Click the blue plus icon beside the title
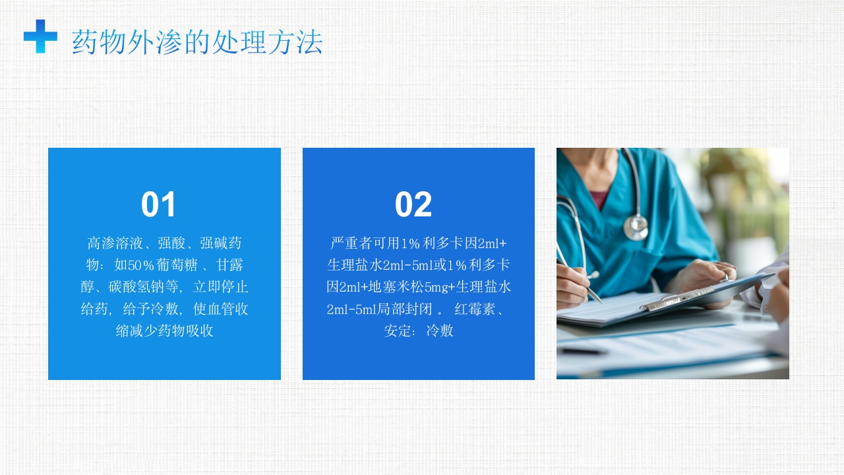[x=40, y=36]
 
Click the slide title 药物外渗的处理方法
[x=197, y=42]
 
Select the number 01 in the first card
[x=159, y=205]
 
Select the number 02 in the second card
[x=413, y=205]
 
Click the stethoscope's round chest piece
[x=636, y=227]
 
